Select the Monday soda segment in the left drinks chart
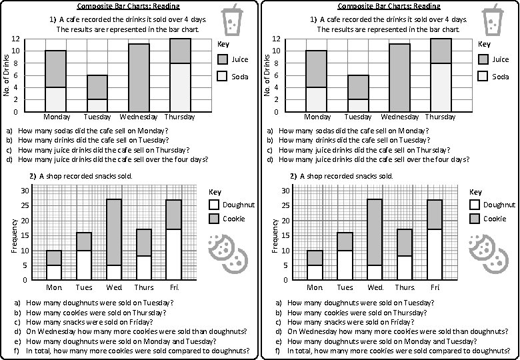(55, 99)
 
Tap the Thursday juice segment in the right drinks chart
(440, 51)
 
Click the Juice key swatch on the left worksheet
(223, 60)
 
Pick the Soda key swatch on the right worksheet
(483, 77)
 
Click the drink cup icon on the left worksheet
(233, 19)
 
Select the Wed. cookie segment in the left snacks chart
(114, 232)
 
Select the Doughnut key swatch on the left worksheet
(214, 205)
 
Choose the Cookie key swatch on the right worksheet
(475, 219)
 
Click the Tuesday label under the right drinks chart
(358, 117)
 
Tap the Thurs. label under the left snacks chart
(144, 287)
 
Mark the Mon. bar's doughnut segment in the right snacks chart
(315, 273)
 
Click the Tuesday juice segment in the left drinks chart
(97, 87)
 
